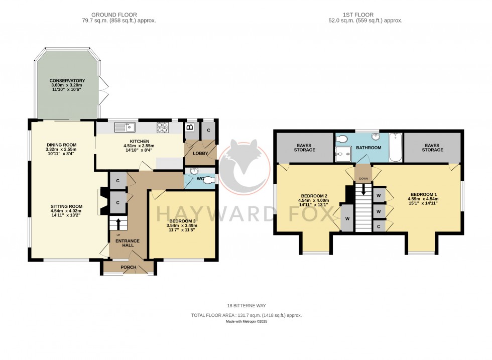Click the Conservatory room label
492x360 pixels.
(67, 81)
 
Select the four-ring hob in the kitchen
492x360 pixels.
(163, 128)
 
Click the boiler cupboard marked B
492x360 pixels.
(190, 128)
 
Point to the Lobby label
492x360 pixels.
(201, 153)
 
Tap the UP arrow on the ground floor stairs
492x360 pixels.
(118, 222)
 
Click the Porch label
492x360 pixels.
(129, 267)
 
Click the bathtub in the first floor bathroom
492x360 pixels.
(395, 148)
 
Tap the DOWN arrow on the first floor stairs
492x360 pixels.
(363, 190)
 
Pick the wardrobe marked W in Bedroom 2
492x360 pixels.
(347, 219)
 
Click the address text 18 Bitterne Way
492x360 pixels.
(246, 305)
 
